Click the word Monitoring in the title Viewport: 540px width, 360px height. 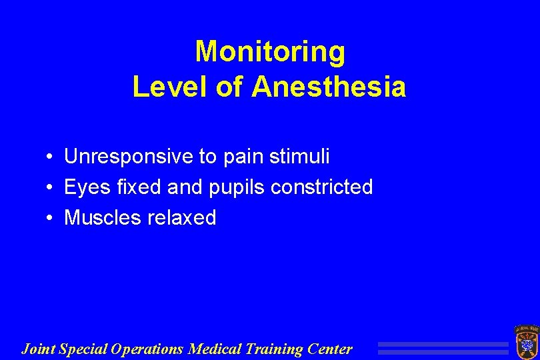pos(270,52)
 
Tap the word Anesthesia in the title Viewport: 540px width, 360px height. pos(328,87)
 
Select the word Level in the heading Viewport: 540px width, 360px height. pos(171,87)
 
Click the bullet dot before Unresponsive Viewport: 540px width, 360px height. pos(51,158)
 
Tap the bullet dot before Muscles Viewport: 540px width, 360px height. pos(51,219)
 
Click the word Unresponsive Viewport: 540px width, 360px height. pos(129,157)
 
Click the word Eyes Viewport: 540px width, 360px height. pos(85,188)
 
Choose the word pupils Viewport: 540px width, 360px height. pos(233,188)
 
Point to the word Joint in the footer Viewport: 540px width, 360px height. pos(39,349)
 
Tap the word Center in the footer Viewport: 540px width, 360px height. pos(331,349)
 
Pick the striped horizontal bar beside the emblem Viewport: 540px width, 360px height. pos(443,349)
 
